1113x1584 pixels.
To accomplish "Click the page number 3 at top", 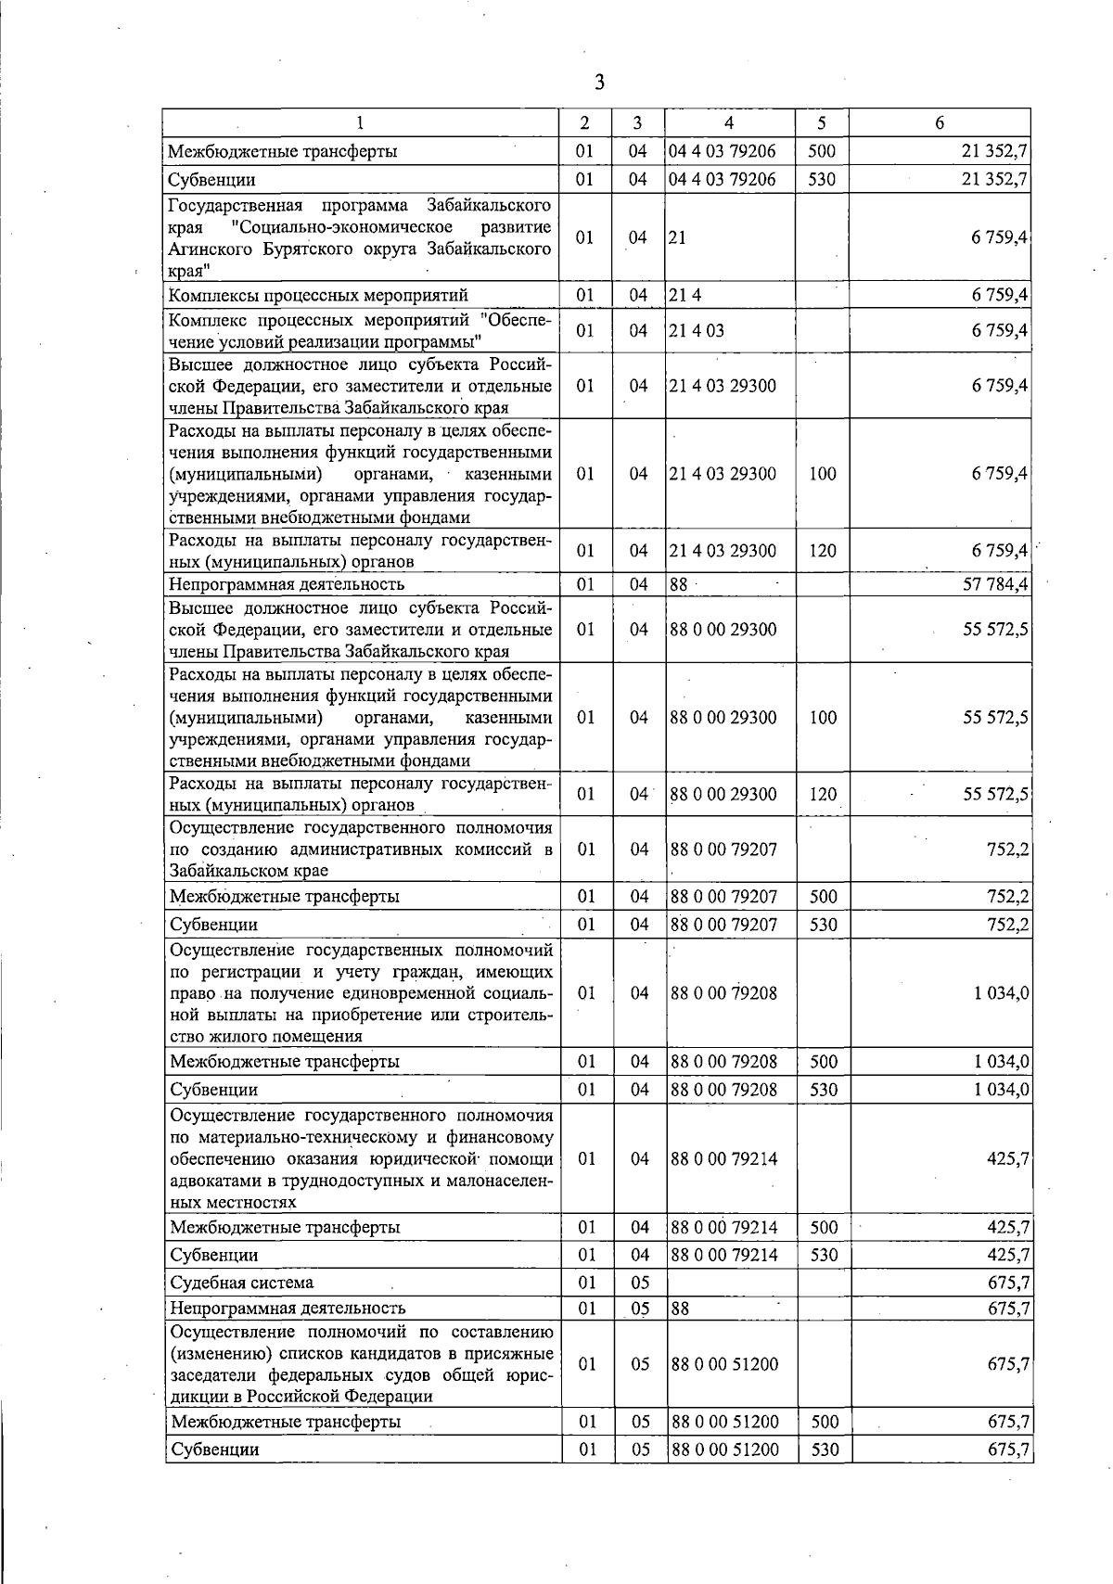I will click(599, 83).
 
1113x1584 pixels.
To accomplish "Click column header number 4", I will click(729, 122).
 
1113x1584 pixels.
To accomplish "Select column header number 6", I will click(939, 122).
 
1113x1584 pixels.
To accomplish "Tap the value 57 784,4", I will click(995, 584).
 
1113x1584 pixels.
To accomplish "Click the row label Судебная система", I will click(241, 1283).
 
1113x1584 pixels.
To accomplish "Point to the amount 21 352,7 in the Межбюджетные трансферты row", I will click(995, 151).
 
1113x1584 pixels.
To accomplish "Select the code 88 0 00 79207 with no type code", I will click(723, 849).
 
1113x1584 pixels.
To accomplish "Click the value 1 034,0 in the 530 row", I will click(1001, 1090).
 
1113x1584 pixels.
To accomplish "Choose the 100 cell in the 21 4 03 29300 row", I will click(822, 474).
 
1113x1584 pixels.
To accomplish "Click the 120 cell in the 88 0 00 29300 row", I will click(822, 795).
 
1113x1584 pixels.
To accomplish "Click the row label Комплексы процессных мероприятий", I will click(317, 296).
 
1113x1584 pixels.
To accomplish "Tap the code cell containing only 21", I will click(677, 237).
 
